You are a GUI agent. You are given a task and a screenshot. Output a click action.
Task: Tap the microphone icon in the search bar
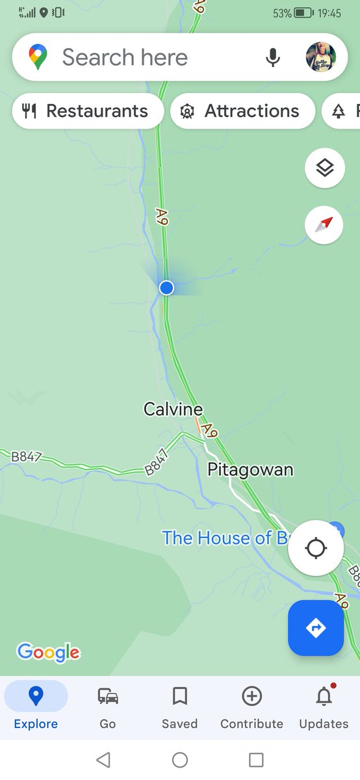point(273,57)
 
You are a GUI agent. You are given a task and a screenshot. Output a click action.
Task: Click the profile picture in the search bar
point(321,57)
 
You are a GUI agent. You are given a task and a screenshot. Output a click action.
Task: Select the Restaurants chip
point(86,111)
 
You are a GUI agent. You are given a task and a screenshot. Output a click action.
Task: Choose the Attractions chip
point(242,111)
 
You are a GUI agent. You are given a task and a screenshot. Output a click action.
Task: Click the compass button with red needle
point(324,225)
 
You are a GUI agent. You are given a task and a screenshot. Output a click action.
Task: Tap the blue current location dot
point(166,287)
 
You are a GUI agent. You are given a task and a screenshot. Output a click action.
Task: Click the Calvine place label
point(173,409)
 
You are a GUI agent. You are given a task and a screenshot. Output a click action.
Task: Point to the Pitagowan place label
point(250,469)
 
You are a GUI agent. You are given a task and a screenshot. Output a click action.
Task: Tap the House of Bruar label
point(224,538)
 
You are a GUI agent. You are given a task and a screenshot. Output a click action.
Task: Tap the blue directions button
point(316,628)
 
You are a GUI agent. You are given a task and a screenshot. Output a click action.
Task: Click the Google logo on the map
point(48,652)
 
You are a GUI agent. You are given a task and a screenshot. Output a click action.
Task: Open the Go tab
point(108,707)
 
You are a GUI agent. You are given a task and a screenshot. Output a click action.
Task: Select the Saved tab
point(179,707)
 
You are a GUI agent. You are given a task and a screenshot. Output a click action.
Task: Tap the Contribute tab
point(251,707)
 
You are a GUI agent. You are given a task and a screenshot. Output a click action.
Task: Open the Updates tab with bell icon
point(324,707)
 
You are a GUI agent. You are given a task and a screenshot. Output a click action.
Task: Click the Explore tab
point(36,707)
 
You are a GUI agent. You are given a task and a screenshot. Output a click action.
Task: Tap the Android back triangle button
point(103,759)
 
